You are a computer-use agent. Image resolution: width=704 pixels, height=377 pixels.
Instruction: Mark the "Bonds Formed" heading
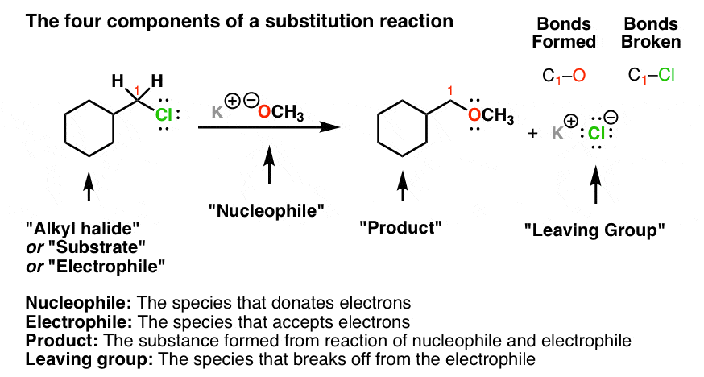(570, 31)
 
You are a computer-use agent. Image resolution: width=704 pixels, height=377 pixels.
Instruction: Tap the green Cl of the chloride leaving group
(595, 135)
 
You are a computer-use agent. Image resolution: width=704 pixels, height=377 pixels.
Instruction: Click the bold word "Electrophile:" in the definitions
(67, 320)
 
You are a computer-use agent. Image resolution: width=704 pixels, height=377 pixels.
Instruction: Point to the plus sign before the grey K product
(532, 134)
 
